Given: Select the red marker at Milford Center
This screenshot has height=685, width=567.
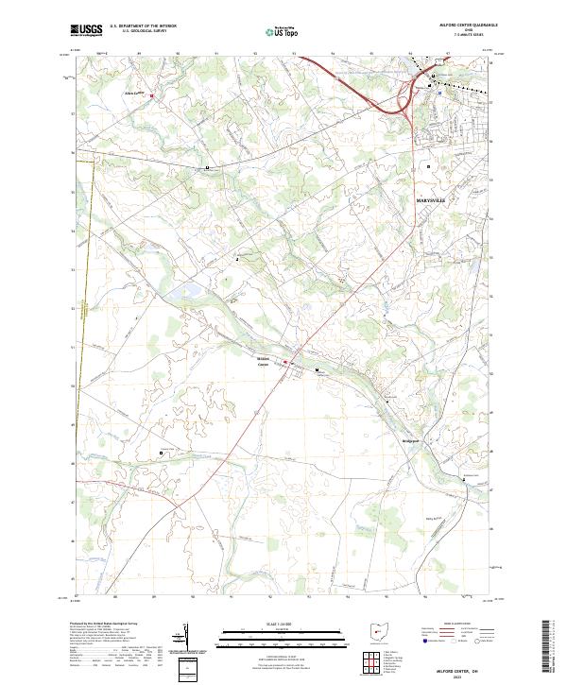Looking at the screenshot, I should tap(288, 360).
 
